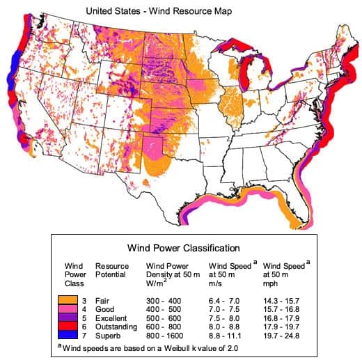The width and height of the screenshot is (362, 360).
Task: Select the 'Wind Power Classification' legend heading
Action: point(183,247)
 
